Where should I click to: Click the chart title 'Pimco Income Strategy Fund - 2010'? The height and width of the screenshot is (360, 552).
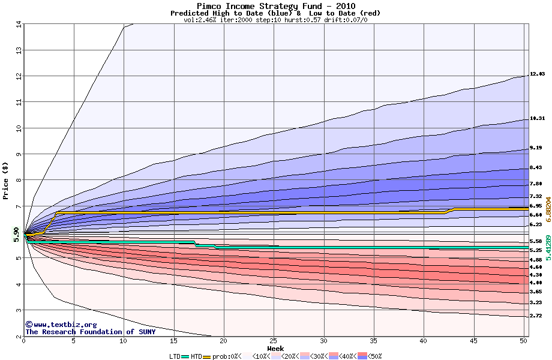pyautogui.click(x=275, y=6)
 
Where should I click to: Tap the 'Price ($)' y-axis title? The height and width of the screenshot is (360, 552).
pyautogui.click(x=6, y=180)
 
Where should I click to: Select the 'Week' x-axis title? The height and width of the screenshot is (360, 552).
pyautogui.click(x=275, y=348)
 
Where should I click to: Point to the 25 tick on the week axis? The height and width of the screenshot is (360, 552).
pyautogui.click(x=274, y=341)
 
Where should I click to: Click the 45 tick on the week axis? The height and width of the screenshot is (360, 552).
pyautogui.click(x=473, y=341)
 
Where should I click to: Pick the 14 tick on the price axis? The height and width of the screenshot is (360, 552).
pyautogui.click(x=18, y=25)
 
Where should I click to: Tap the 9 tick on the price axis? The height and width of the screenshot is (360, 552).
pyautogui.click(x=18, y=154)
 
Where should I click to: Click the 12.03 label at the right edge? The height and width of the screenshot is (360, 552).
pyautogui.click(x=537, y=74)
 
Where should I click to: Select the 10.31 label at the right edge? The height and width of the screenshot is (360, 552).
pyautogui.click(x=537, y=119)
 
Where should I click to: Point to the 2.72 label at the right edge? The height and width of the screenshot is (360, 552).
pyautogui.click(x=536, y=316)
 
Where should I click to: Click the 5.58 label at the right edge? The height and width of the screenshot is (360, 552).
pyautogui.click(x=536, y=241)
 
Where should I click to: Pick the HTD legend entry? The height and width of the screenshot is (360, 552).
pyautogui.click(x=196, y=356)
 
